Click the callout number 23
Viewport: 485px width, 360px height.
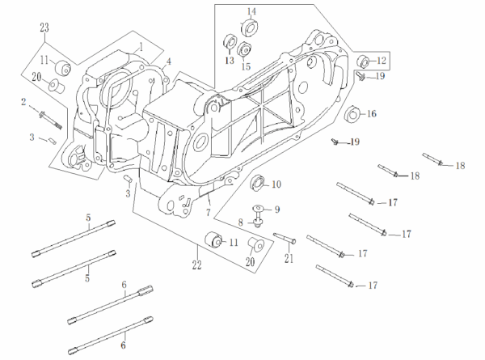tap(45, 28)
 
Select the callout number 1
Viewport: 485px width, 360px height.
tap(140, 47)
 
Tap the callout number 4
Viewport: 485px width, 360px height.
tap(168, 62)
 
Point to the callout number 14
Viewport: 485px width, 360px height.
tap(251, 11)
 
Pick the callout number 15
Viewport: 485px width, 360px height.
tap(247, 66)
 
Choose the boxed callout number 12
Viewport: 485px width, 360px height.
tap(382, 60)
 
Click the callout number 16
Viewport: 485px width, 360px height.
tap(372, 114)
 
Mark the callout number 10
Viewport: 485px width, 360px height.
tap(276, 184)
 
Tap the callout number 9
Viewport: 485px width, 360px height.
tap(276, 209)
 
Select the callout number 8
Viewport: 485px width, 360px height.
tap(240, 222)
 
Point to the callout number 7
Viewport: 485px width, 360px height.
tap(208, 212)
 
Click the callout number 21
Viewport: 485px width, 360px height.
tap(288, 259)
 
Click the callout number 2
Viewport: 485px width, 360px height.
tap(24, 101)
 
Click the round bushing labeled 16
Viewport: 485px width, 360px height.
tap(352, 116)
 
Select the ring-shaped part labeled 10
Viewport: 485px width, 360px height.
tap(259, 181)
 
